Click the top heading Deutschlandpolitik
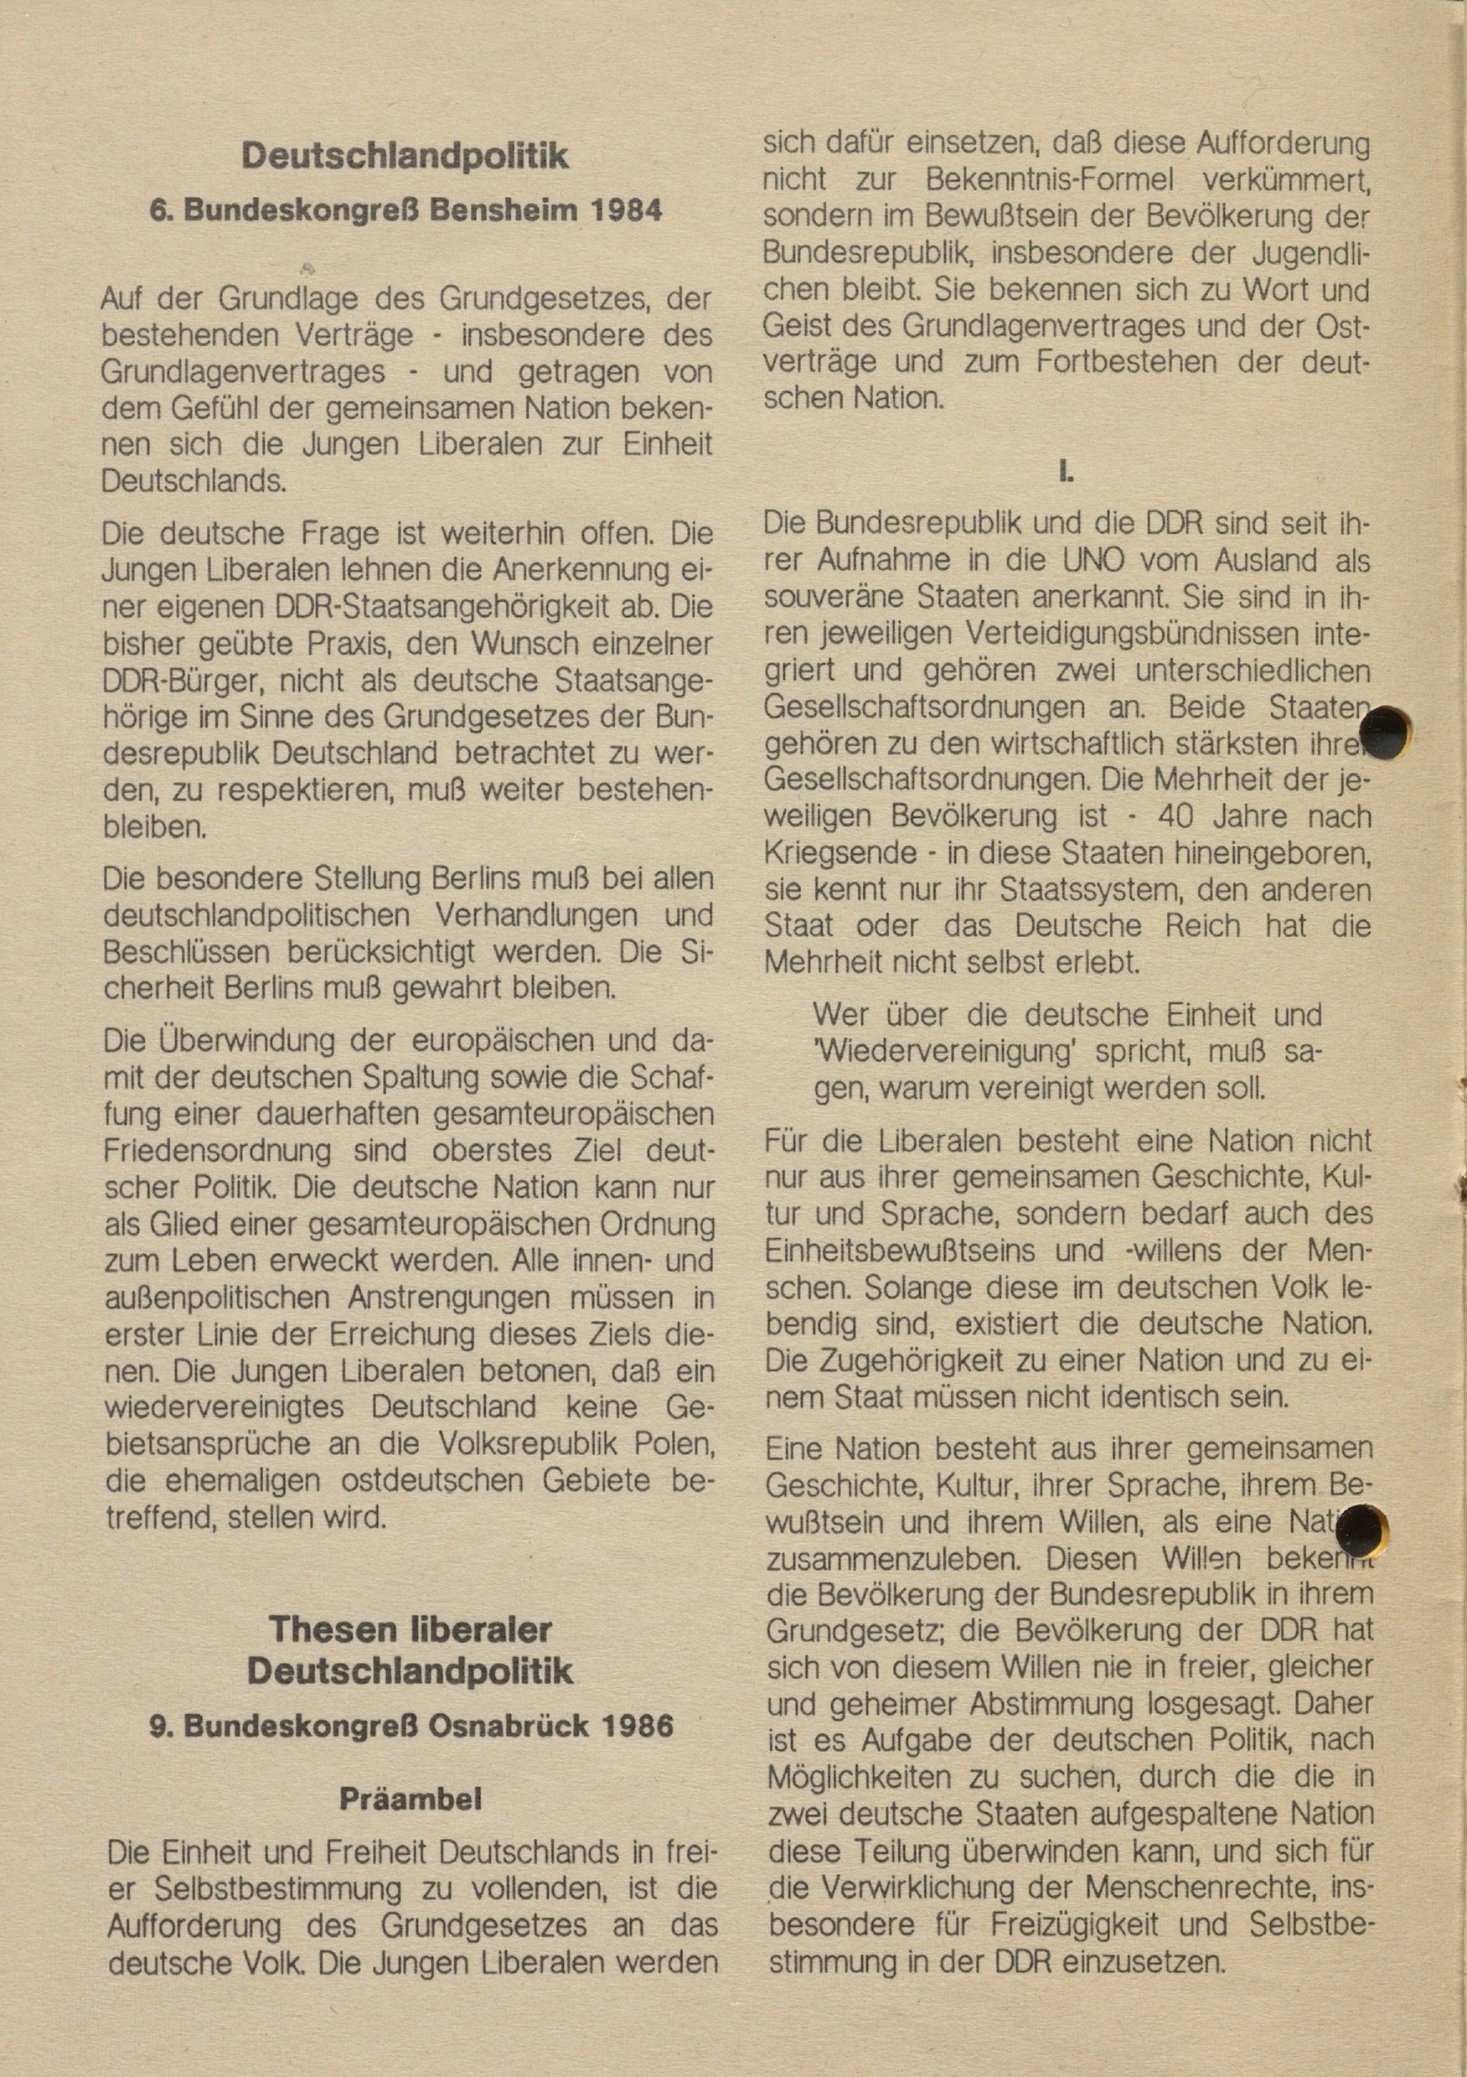point(405,157)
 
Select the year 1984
point(625,210)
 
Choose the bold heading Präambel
point(410,1800)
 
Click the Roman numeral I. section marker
point(1067,471)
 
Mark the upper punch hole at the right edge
point(1386,731)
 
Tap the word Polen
point(673,1444)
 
